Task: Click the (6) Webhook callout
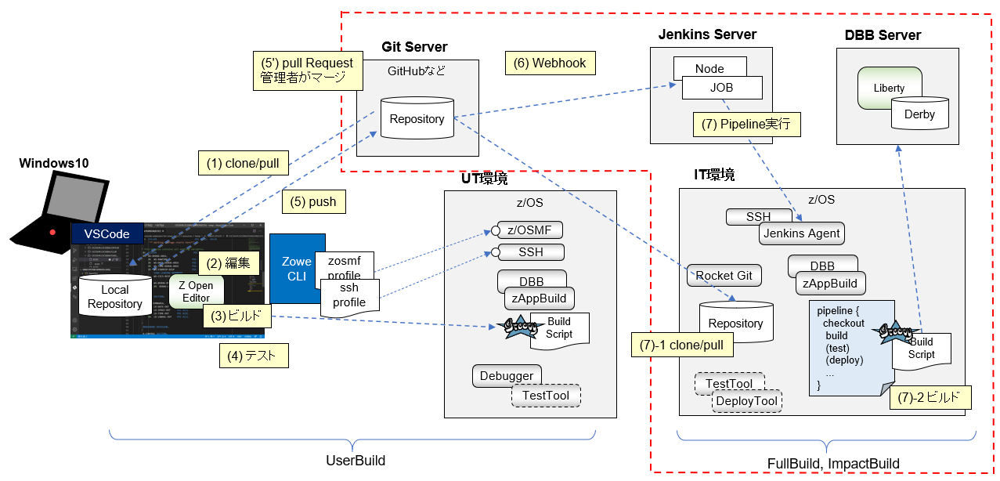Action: [550, 63]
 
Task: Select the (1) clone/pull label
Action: [243, 165]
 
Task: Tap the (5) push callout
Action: [312, 201]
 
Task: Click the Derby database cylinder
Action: [919, 114]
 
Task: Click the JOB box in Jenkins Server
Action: [721, 88]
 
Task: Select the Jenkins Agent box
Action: [800, 233]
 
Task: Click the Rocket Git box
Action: [724, 275]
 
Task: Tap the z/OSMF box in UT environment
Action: [532, 230]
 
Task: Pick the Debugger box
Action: [506, 376]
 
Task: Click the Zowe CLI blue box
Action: [297, 268]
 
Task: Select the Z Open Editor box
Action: [195, 291]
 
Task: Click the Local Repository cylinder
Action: [114, 296]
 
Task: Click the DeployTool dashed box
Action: [746, 401]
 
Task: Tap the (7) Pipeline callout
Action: [746, 125]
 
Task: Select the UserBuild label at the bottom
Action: [356, 461]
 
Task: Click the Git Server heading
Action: [414, 47]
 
